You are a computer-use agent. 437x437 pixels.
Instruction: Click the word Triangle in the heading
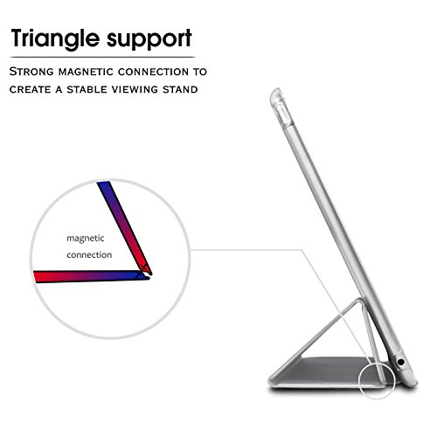[x=59, y=38]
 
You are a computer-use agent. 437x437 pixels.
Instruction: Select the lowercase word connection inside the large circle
[x=88, y=255]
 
